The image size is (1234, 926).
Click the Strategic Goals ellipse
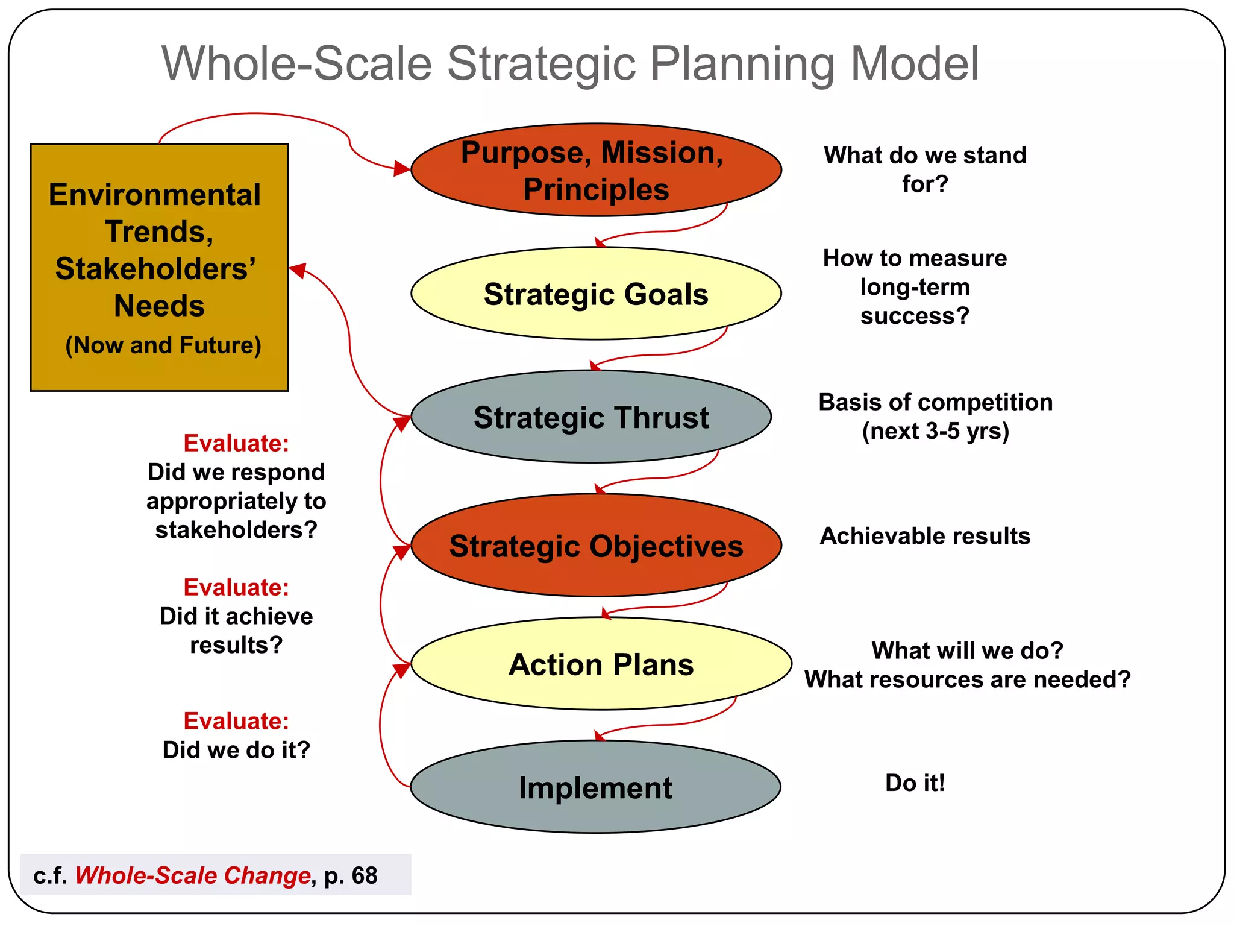[596, 294]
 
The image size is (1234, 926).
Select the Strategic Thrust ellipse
[591, 417]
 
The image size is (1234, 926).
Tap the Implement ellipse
[595, 787]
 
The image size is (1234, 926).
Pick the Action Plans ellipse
[601, 664]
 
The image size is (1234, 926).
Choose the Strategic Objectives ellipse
[596, 546]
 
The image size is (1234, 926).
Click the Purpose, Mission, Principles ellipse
[596, 170]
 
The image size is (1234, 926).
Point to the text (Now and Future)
[163, 345]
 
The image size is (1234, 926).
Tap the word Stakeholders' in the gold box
[155, 269]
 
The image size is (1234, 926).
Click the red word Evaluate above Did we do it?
[236, 721]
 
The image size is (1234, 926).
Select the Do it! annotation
[915, 783]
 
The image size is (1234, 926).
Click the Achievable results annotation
[925, 536]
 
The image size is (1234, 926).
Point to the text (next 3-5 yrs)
[935, 431]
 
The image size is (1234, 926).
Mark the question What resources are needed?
[968, 679]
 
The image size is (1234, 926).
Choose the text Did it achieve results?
[236, 631]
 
